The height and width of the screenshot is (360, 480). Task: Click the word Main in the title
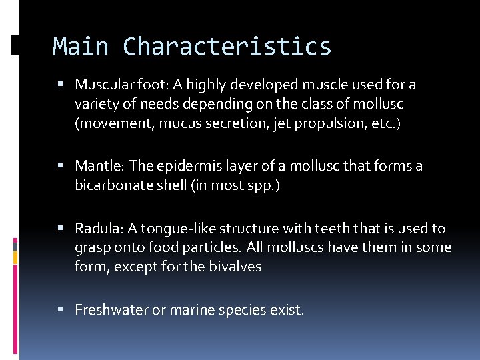[x=80, y=47]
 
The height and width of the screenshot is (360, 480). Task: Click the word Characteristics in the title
[x=227, y=47]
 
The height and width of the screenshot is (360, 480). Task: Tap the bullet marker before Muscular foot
[x=61, y=85]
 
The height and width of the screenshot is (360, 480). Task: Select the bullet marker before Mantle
[x=61, y=166]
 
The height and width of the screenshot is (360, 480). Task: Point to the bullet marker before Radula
[x=61, y=229]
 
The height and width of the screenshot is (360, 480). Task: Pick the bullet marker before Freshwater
[x=61, y=310]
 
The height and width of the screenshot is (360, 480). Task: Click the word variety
[x=97, y=104]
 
